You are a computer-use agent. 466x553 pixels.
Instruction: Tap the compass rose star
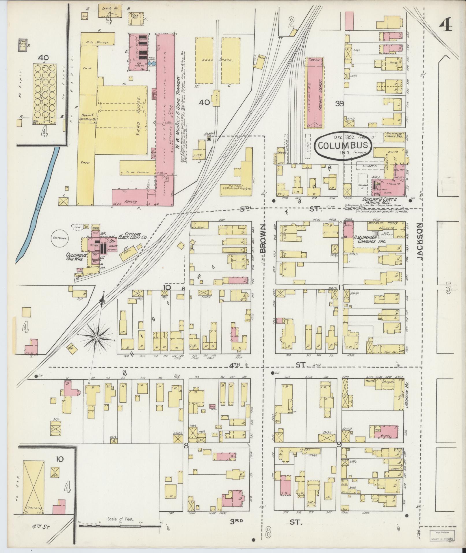pos(96,337)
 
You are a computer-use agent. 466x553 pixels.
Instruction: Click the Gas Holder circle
pos(60,239)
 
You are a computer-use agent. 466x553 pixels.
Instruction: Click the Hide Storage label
pos(97,42)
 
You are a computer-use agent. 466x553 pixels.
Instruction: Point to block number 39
pos(339,103)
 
